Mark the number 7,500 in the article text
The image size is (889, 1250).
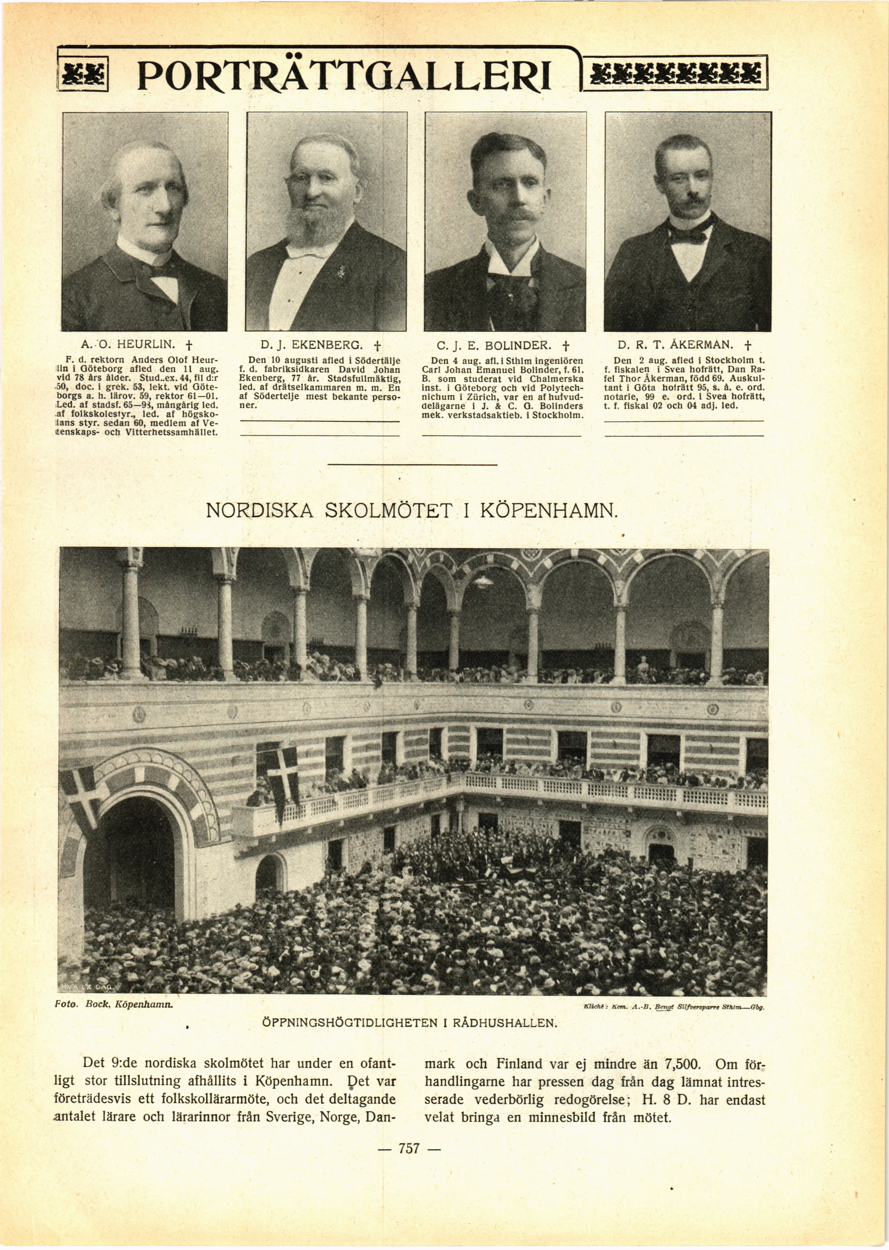tap(682, 1065)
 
